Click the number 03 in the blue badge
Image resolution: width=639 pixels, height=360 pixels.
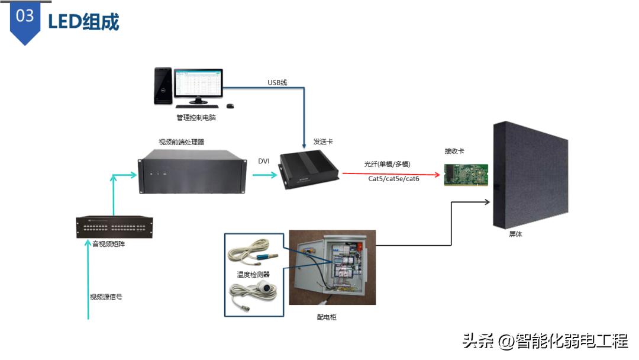pyautogui.click(x=25, y=16)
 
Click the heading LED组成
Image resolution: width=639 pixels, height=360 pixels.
pyautogui.click(x=83, y=22)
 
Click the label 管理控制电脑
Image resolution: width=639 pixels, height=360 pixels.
pyautogui.click(x=196, y=118)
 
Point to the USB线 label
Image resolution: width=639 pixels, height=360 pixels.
pyautogui.click(x=277, y=82)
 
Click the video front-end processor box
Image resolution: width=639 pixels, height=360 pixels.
pyautogui.click(x=192, y=172)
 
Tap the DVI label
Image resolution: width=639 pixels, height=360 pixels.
pyautogui.click(x=264, y=161)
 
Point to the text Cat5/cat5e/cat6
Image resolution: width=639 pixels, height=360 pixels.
pyautogui.click(x=393, y=178)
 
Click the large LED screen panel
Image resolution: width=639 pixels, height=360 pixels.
pyautogui.click(x=529, y=176)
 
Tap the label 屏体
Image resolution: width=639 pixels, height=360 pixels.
pyautogui.click(x=515, y=234)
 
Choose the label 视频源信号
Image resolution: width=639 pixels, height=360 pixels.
pyautogui.click(x=106, y=297)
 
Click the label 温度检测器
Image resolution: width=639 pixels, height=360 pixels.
pyautogui.click(x=253, y=274)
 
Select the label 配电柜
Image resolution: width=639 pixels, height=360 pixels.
pyautogui.click(x=327, y=317)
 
